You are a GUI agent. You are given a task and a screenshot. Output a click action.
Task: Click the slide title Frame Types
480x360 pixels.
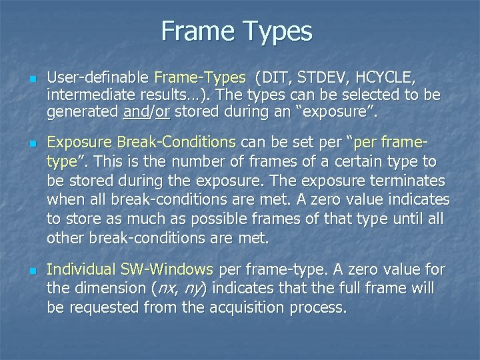(237, 31)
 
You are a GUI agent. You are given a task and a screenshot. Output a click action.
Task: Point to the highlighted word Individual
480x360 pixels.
(81, 270)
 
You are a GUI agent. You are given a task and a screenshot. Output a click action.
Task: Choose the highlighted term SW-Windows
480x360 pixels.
(167, 270)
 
